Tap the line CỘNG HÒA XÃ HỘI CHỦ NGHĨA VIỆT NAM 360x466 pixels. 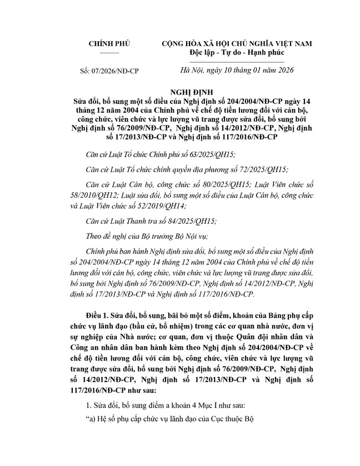[x=237, y=44]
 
